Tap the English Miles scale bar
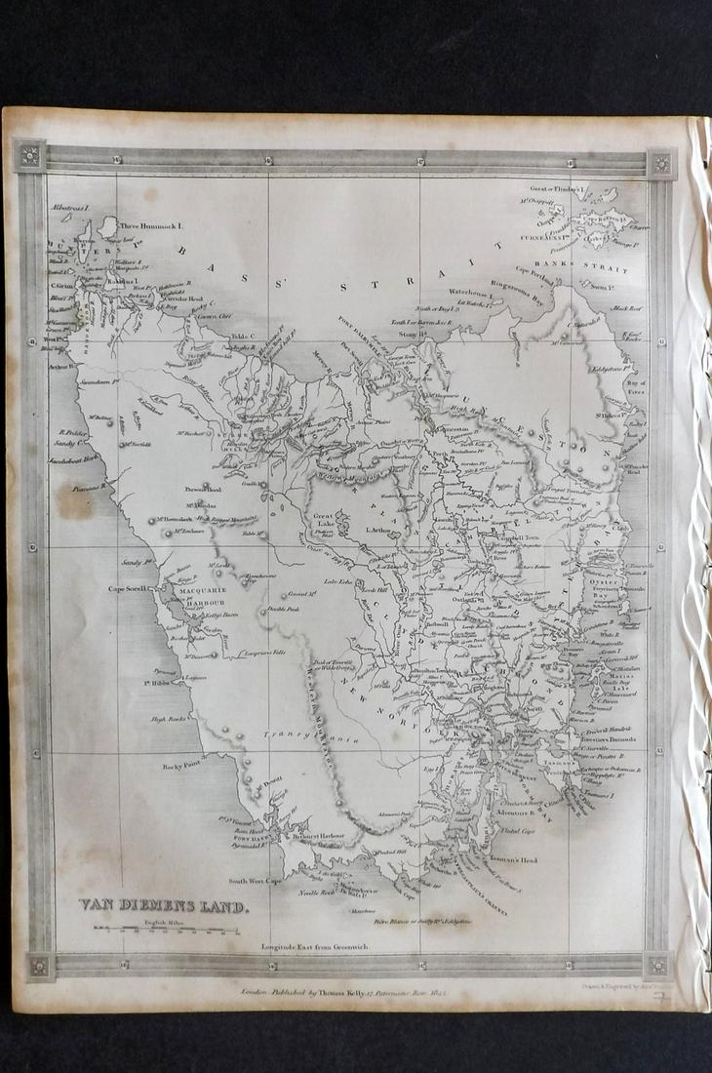166,931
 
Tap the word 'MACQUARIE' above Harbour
200,590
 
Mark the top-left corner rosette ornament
29,156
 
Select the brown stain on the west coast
75,499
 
